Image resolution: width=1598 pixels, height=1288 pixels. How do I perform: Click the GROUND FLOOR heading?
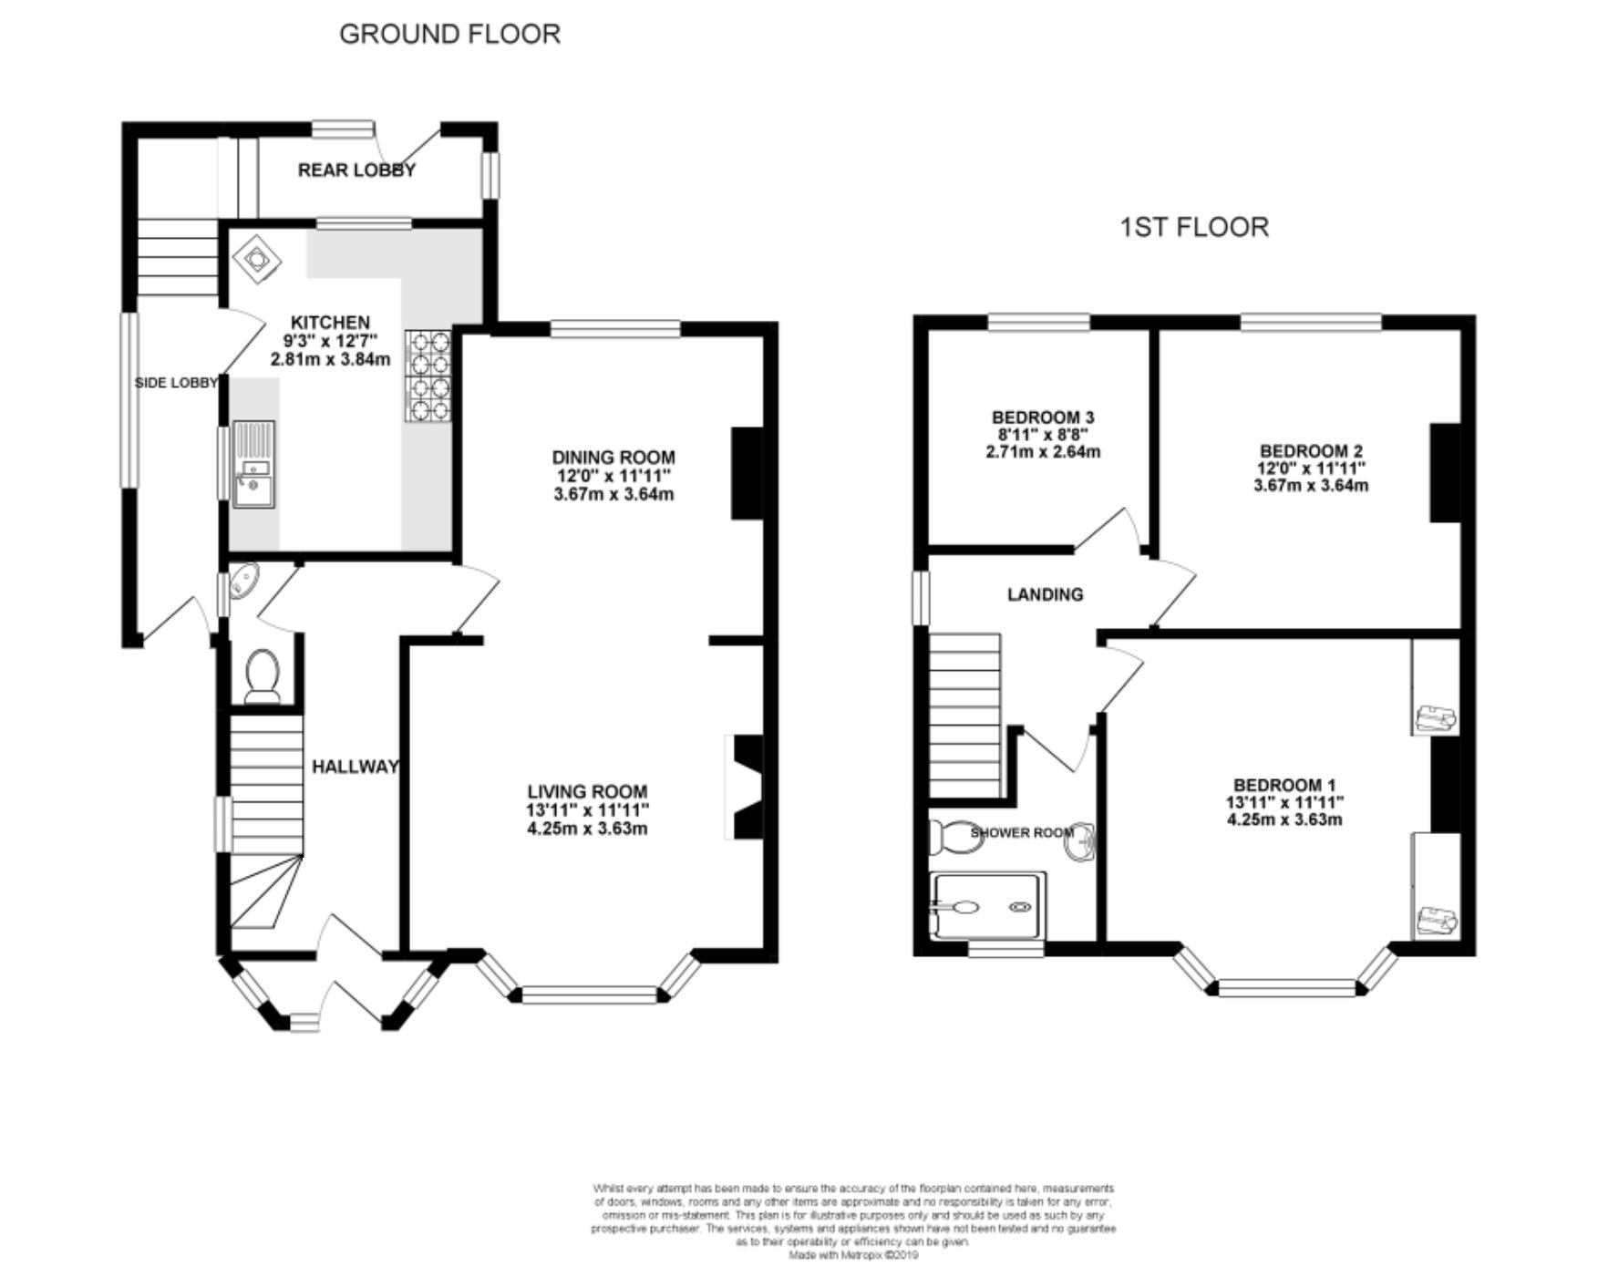pos(449,34)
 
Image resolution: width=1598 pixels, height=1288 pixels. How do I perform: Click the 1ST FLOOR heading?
pos(1194,227)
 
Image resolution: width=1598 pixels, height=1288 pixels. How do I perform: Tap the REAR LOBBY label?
pos(356,170)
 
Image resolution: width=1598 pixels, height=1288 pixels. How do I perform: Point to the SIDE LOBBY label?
pos(176,383)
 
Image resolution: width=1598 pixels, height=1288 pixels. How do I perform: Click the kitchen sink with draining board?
pos(253,463)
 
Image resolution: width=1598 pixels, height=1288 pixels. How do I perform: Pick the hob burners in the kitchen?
pos(429,375)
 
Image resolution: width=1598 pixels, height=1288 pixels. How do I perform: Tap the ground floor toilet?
pos(263,676)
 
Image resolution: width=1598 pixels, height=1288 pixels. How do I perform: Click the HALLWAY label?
pos(356,767)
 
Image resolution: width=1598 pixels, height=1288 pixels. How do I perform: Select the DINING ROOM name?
pos(613,458)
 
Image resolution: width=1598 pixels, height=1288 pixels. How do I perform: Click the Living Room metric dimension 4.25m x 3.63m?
pos(588,829)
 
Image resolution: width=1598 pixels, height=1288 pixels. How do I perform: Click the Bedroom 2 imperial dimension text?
pos(1312,469)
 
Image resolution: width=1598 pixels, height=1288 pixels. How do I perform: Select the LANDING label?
pos(1046,594)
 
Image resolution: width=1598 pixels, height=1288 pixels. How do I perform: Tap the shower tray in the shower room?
pos(987,906)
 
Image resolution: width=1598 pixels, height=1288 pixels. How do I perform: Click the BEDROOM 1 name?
pos(1284,785)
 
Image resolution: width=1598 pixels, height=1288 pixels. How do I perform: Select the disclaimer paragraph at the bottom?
pos(853,1221)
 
